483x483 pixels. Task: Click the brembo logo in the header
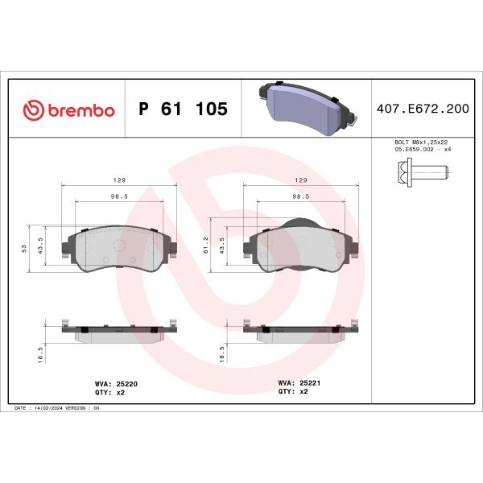(x=68, y=109)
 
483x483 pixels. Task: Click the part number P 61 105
(x=183, y=109)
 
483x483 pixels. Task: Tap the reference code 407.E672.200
(x=423, y=109)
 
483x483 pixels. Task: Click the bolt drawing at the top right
(x=420, y=171)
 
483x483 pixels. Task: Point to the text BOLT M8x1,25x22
(x=420, y=142)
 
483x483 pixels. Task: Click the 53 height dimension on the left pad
(x=26, y=248)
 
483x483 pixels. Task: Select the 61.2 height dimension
(x=208, y=245)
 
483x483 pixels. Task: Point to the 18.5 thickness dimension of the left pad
(x=40, y=354)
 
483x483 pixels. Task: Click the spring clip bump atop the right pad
(x=299, y=225)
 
